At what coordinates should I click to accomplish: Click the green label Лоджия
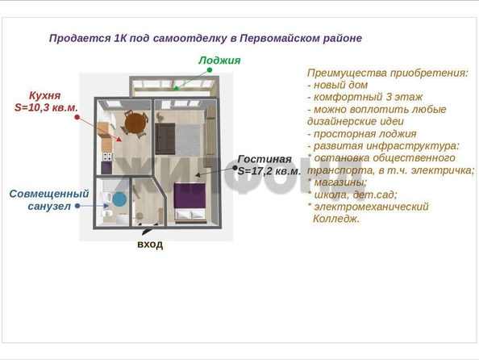pyautogui.click(x=219, y=61)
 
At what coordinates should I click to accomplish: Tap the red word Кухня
pyautogui.click(x=45, y=95)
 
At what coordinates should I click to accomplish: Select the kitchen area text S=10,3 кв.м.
pyautogui.click(x=46, y=107)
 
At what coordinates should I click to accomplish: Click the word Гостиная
pyautogui.click(x=264, y=159)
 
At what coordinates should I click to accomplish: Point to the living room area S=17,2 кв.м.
pyautogui.click(x=269, y=171)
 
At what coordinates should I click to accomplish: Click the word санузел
pyautogui.click(x=49, y=207)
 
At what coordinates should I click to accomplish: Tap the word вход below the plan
pyautogui.click(x=150, y=245)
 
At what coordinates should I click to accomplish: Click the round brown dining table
pyautogui.click(x=135, y=123)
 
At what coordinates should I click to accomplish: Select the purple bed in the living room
pyautogui.click(x=190, y=201)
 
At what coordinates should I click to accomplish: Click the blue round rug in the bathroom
pyautogui.click(x=119, y=199)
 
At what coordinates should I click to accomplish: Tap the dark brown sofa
pyautogui.click(x=165, y=138)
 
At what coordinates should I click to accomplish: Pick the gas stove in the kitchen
pyautogui.click(x=107, y=157)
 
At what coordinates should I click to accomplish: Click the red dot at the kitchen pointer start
pyautogui.click(x=77, y=117)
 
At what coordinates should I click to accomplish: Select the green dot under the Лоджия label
pyautogui.click(x=210, y=70)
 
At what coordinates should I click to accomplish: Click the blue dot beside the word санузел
pyautogui.click(x=77, y=206)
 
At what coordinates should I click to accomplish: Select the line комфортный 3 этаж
pyautogui.click(x=365, y=97)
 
